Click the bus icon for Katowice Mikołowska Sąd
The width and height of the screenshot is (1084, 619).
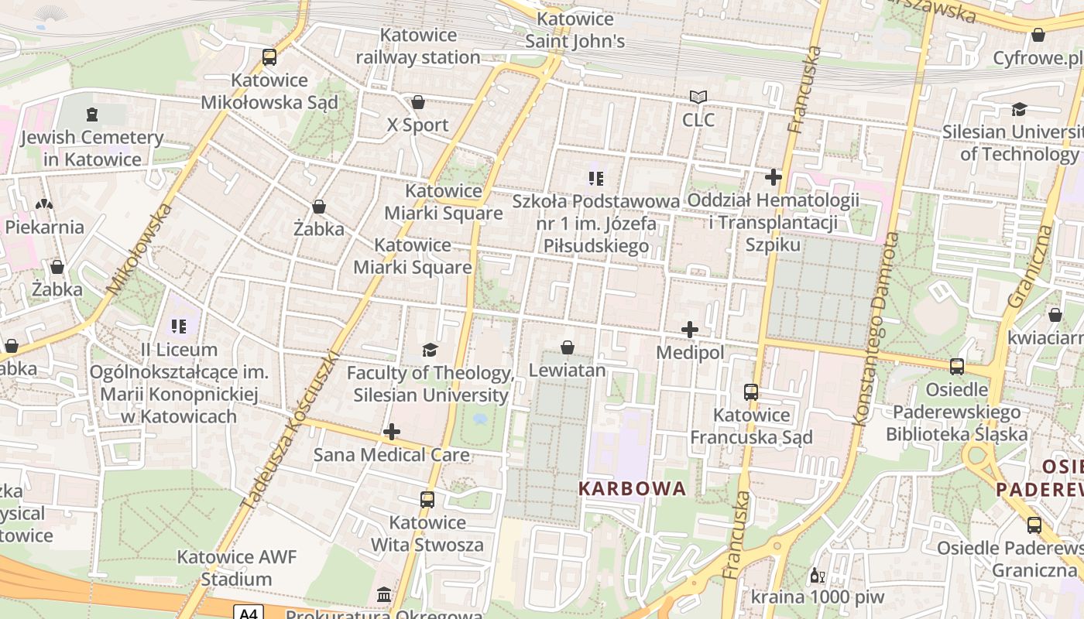pos(269,56)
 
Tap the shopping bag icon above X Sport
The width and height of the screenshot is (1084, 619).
pos(418,102)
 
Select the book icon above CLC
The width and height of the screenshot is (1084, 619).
pos(698,97)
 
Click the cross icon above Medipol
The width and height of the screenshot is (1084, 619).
pos(690,330)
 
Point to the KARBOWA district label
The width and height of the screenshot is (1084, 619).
pos(633,488)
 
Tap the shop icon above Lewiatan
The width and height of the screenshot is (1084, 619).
pos(568,347)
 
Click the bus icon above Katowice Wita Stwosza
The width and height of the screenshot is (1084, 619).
pos(427,499)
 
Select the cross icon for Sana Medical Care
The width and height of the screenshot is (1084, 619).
pos(392,432)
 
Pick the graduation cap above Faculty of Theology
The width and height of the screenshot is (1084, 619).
pos(431,351)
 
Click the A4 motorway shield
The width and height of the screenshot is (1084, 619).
pos(248,613)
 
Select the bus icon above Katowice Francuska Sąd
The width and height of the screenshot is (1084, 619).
pos(751,392)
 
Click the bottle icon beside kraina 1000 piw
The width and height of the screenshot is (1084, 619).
pos(815,576)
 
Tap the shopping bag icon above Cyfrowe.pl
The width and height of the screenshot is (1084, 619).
pos(1038,35)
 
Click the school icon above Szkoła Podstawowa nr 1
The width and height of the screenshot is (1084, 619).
pos(595,179)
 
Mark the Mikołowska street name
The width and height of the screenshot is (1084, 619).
pos(140,249)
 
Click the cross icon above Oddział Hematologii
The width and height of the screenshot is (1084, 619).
pos(773,177)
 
